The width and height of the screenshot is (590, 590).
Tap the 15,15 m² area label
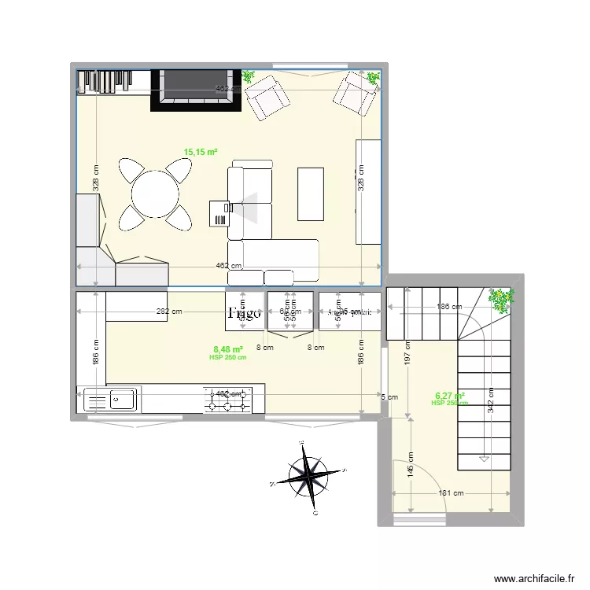click(x=201, y=152)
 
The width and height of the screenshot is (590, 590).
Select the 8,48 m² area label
click(x=227, y=350)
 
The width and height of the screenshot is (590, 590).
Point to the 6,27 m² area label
click(x=450, y=396)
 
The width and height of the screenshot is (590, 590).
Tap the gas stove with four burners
click(x=228, y=400)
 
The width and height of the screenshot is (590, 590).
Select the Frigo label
click(x=244, y=313)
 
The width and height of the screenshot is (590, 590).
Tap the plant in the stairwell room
click(x=500, y=299)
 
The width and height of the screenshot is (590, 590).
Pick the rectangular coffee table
click(x=310, y=194)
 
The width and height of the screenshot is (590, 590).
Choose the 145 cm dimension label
click(x=411, y=466)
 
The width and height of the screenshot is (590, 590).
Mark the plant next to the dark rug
click(x=249, y=76)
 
